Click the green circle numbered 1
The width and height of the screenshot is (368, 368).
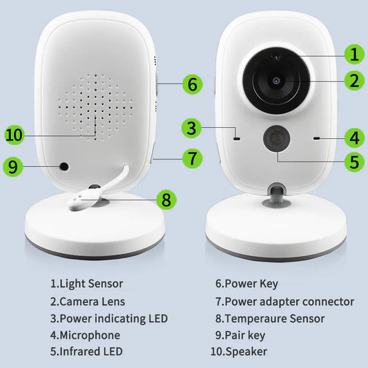(354, 54)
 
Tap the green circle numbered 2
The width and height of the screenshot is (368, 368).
(354, 80)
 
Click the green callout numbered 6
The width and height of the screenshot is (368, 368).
(193, 84)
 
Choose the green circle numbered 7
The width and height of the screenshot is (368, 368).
(193, 157)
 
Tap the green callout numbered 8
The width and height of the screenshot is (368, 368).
(166, 200)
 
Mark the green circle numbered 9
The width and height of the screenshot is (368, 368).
(14, 166)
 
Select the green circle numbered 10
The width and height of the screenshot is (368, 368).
(14, 135)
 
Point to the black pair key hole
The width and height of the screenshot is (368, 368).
(64, 166)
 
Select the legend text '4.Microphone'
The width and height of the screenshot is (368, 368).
(85, 336)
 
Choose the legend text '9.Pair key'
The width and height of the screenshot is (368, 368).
(240, 336)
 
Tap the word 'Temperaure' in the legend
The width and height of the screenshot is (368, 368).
(256, 318)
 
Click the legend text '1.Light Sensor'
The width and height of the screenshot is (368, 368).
(86, 284)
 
